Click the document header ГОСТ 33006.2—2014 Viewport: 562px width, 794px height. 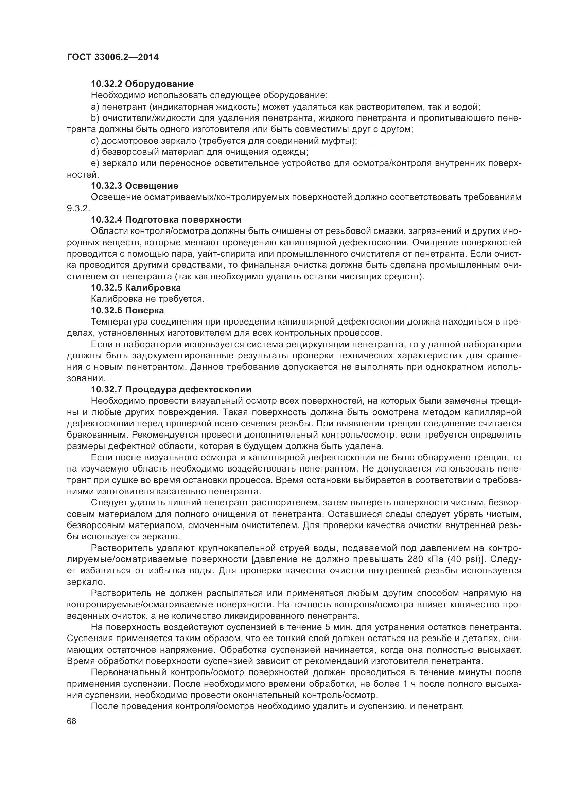tap(112, 57)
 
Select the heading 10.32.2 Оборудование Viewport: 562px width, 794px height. tap(142, 84)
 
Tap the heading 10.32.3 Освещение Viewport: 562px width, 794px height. tap(135, 186)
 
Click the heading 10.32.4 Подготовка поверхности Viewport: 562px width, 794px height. tap(166, 220)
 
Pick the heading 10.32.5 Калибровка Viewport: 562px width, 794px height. tap(136, 288)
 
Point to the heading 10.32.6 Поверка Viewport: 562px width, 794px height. tap(127, 310)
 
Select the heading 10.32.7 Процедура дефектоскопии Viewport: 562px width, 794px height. tap(171, 389)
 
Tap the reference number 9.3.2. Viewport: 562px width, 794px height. tap(78, 208)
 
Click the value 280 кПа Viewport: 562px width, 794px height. tap(425, 559)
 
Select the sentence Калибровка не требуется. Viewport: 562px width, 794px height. tap(147, 299)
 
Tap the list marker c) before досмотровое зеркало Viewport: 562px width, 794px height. tap(95, 141)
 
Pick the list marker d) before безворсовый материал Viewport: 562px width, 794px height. tap(95, 152)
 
